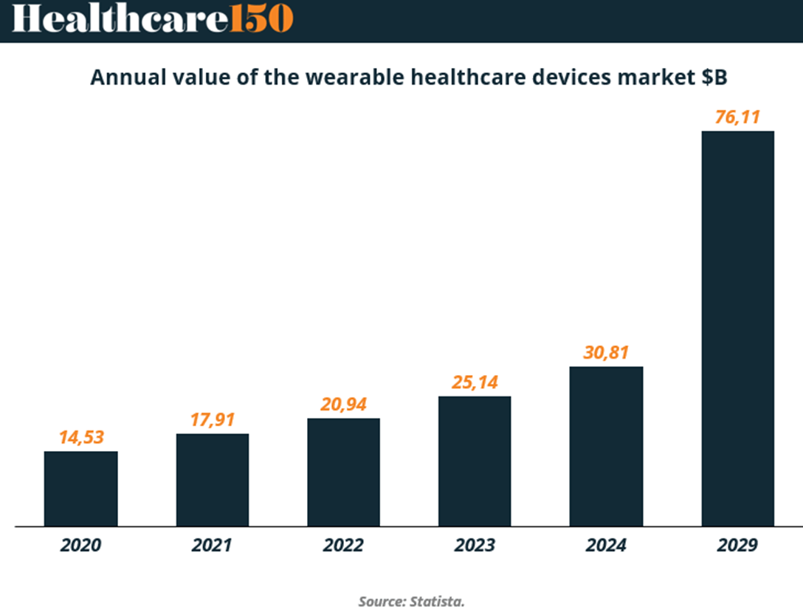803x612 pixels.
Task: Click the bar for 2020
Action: click(x=80, y=488)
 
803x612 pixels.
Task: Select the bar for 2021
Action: click(x=212, y=479)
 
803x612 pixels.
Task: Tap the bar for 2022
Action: click(x=343, y=472)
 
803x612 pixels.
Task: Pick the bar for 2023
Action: click(x=475, y=461)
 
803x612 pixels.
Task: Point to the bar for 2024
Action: click(x=606, y=446)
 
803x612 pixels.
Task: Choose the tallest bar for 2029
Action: click(x=737, y=329)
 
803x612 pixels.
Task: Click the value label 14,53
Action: click(x=81, y=436)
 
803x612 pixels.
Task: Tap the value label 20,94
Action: click(x=344, y=404)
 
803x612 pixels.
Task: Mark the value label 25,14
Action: click(x=475, y=382)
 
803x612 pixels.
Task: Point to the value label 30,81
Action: click(x=606, y=352)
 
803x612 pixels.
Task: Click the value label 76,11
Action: click(x=737, y=117)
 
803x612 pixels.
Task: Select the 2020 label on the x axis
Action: click(x=80, y=546)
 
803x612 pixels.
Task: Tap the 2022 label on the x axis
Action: click(x=343, y=546)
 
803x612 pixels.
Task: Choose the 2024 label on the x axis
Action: click(x=606, y=546)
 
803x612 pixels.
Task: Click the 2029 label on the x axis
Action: click(x=737, y=546)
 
